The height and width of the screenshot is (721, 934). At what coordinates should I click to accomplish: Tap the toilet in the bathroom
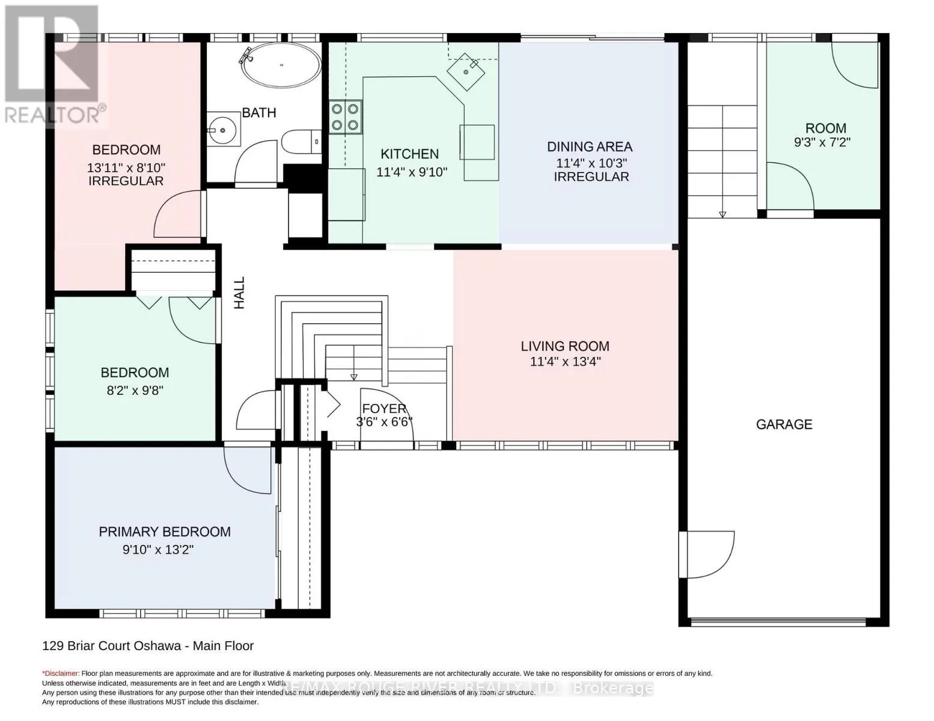point(299,142)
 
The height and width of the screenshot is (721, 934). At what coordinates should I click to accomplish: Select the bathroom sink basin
point(223,129)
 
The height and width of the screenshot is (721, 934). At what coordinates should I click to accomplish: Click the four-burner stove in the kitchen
point(346,117)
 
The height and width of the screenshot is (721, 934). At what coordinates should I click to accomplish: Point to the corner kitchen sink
point(466,71)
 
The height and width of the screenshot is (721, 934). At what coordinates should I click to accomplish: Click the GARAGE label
point(784,425)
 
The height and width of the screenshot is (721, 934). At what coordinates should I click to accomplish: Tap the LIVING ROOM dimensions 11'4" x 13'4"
point(565,362)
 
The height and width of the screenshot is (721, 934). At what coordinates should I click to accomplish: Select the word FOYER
point(384,409)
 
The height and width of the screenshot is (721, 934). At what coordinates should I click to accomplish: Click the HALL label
point(240,293)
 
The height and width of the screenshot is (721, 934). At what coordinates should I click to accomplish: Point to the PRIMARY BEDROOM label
point(165,532)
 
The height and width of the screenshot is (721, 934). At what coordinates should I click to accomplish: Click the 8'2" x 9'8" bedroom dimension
point(135,390)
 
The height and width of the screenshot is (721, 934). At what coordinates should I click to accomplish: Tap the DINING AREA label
point(589,147)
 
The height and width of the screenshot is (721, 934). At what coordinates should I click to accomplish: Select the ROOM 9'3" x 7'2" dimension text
point(822,142)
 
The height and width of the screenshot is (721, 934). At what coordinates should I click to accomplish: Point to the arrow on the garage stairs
point(722,214)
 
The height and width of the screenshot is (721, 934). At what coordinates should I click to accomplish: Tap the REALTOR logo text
point(53,114)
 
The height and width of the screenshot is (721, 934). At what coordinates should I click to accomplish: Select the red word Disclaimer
point(61,674)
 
